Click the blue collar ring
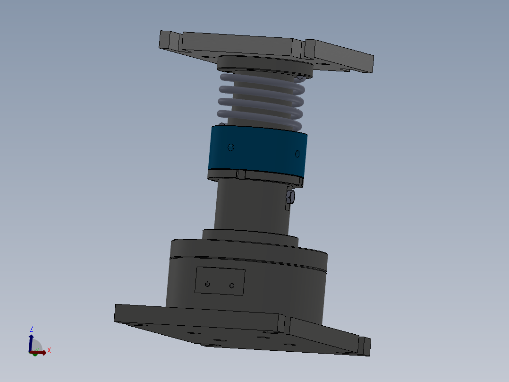click(x=257, y=150)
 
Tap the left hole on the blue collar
click(x=231, y=147)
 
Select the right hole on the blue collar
click(x=297, y=154)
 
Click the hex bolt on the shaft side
click(x=290, y=197)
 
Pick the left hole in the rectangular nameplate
click(x=207, y=284)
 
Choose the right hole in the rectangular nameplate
click(x=232, y=286)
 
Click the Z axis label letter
click(x=32, y=328)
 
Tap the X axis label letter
click(x=49, y=350)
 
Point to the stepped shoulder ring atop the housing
click(x=250, y=235)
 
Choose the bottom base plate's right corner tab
click(x=365, y=346)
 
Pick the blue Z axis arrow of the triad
click(x=31, y=341)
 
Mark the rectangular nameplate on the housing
click(x=220, y=281)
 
